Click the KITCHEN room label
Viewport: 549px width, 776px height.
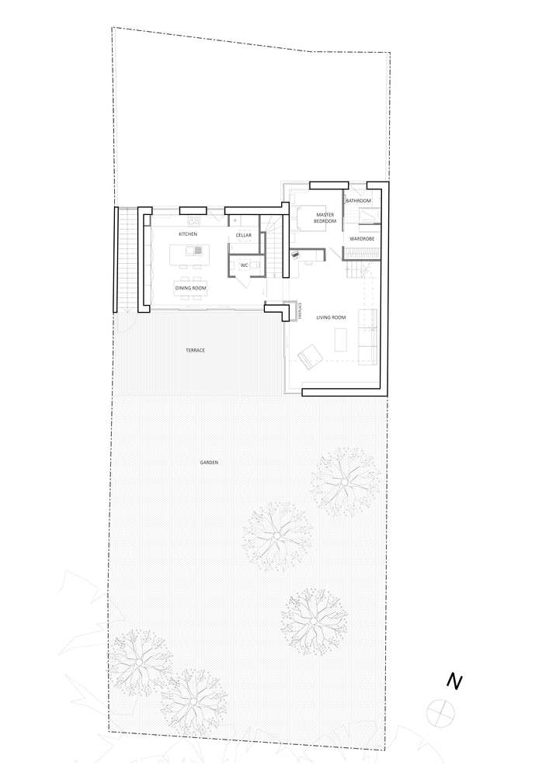(188, 234)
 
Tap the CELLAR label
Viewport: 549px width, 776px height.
(243, 235)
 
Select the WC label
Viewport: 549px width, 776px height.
(244, 265)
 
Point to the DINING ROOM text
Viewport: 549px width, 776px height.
(190, 288)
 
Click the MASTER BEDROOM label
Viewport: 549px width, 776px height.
(325, 218)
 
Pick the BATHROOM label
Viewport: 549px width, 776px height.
(359, 201)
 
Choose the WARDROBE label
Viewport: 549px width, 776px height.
(362, 239)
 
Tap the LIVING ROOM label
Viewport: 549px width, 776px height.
(331, 317)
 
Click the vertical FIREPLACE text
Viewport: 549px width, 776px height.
(300, 312)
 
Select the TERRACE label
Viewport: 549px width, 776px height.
(195, 351)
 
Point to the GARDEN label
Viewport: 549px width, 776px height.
(209, 462)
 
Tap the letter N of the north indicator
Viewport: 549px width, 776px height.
(454, 681)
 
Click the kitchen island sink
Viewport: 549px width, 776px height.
(191, 251)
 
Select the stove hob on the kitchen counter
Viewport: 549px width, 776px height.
(193, 220)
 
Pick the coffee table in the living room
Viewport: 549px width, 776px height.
(341, 339)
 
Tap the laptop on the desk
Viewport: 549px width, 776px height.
(296, 255)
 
